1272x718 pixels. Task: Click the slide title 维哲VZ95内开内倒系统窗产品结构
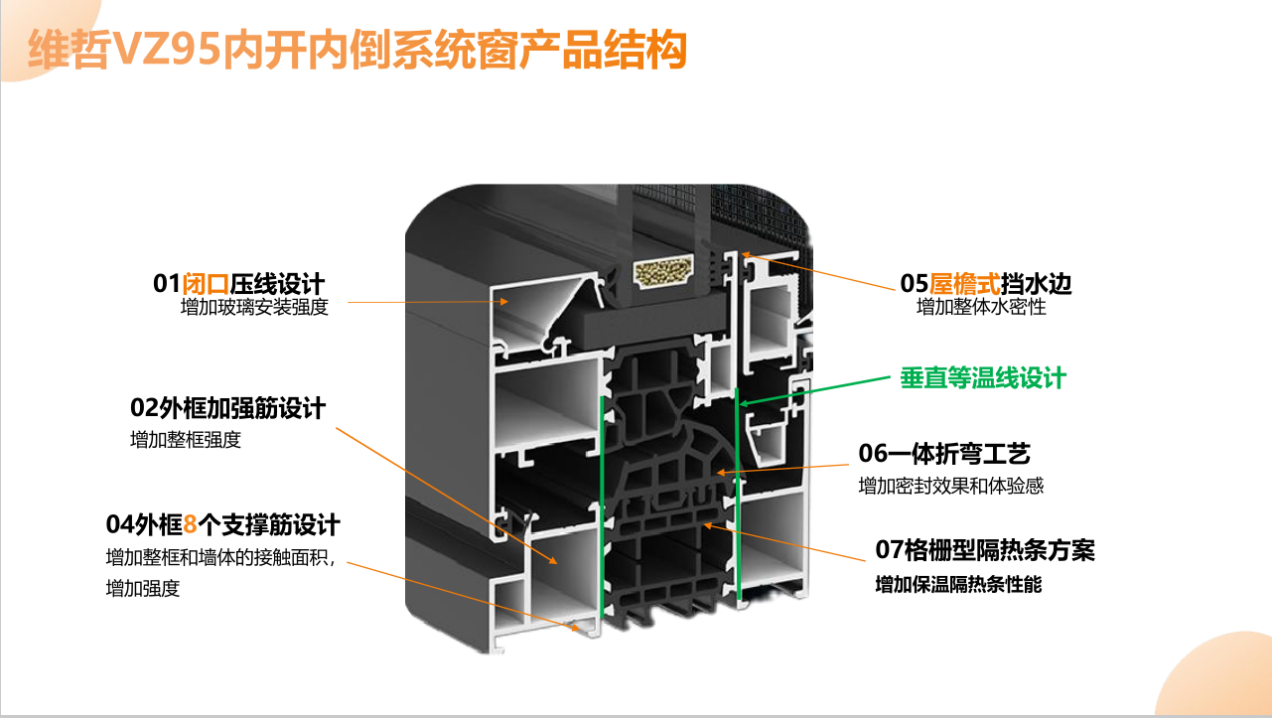357,50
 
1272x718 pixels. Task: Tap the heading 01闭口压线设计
238,283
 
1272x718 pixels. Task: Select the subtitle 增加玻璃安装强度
254,307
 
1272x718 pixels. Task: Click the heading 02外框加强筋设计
227,408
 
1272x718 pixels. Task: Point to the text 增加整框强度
186,440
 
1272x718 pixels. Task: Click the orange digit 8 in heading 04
191,525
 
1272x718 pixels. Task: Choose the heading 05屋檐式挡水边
986,283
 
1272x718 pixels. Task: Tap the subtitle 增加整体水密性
981,307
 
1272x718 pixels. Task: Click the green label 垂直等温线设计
983,377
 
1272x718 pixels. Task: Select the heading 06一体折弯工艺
943,453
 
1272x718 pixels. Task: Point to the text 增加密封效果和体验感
951,486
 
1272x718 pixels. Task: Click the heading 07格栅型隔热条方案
985,550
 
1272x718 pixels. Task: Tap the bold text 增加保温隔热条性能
958,585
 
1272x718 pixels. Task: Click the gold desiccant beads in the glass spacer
663,271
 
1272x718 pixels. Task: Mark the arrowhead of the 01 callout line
504,302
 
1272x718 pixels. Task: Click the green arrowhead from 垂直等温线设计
743,403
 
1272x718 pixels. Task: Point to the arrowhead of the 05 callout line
746,255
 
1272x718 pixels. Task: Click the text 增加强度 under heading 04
143,589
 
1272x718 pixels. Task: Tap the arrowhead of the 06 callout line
721,472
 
